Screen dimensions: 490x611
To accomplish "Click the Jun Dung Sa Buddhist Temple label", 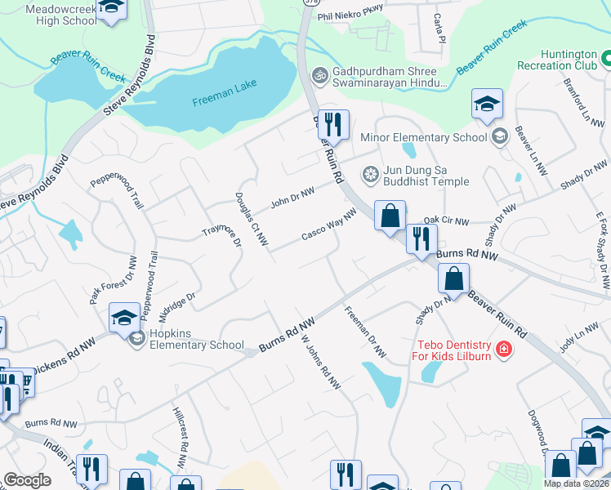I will point(417,176).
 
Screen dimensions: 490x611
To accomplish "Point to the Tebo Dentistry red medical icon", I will point(503,350).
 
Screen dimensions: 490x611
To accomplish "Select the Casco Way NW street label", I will point(329,225).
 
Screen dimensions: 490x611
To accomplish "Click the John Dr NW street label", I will point(292,197).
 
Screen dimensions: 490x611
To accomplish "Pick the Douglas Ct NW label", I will point(252,219).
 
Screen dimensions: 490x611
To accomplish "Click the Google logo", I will point(27,480).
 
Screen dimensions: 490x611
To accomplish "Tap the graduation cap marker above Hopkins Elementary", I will point(124,317).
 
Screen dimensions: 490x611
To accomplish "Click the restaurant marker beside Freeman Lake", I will point(332,125).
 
